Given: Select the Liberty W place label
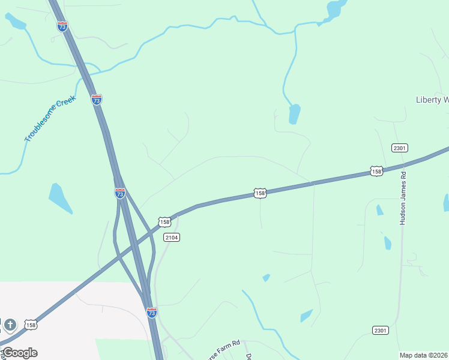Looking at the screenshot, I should [x=432, y=100].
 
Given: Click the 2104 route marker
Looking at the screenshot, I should [x=172, y=238].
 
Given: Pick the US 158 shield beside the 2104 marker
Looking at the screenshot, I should [x=164, y=222].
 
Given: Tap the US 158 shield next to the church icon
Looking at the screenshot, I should [x=31, y=325].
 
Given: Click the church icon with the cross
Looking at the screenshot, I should [x=10, y=325].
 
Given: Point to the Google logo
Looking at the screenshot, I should [x=20, y=352].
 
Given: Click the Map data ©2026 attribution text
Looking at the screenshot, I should [x=424, y=355].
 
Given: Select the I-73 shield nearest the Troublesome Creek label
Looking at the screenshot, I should [x=97, y=100].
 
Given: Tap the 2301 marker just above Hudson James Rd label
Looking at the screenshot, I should [x=399, y=148].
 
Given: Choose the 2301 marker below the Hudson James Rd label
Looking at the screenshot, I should [x=380, y=331].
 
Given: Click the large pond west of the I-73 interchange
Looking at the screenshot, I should [x=60, y=197].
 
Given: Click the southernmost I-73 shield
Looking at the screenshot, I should [x=152, y=313].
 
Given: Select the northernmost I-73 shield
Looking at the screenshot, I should [x=62, y=26].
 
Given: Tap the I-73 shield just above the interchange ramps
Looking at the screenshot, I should [x=120, y=193].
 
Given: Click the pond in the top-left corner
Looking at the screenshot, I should [x=16, y=21].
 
